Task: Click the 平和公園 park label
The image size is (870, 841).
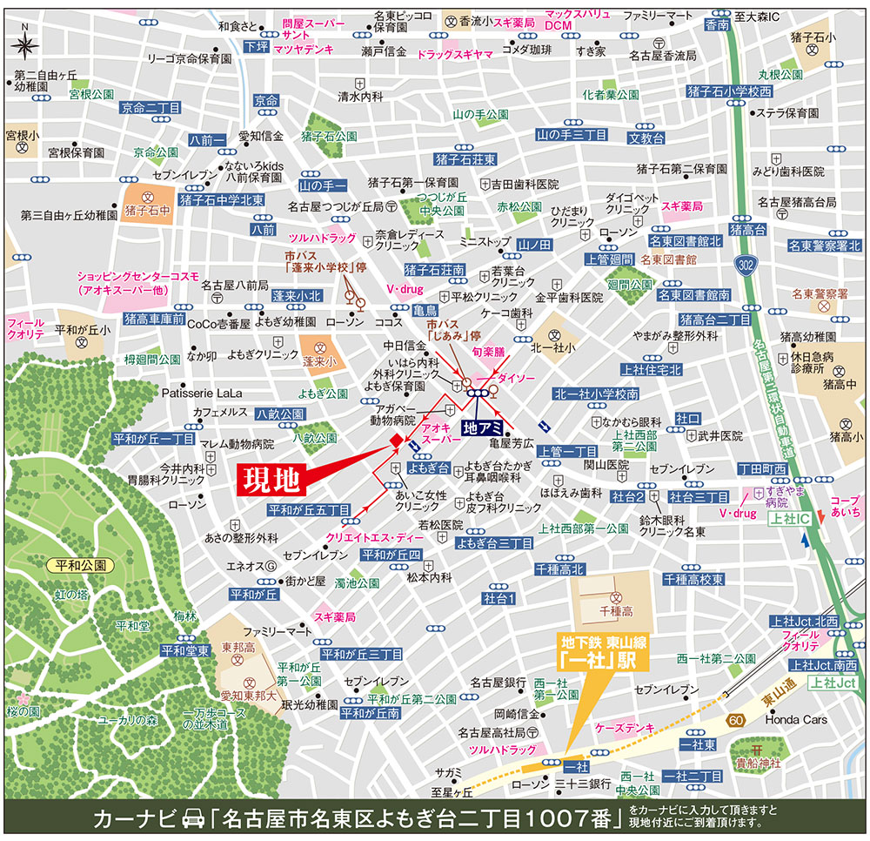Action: click(77, 565)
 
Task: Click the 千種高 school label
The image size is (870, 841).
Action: click(615, 613)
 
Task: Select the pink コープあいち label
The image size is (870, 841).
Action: click(844, 508)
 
